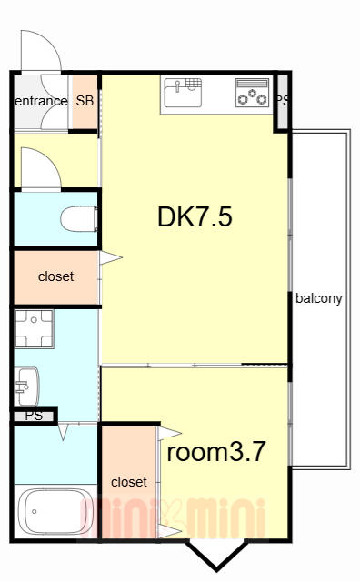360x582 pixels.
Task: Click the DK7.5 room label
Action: (x=195, y=217)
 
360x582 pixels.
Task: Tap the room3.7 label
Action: (x=216, y=452)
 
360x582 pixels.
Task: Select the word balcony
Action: (x=319, y=298)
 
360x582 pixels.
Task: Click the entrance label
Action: (x=41, y=101)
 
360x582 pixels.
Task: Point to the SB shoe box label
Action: (x=85, y=101)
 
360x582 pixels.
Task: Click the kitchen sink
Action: (x=184, y=93)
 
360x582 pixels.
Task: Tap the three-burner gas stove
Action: (x=252, y=93)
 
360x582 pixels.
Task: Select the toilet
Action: (x=79, y=219)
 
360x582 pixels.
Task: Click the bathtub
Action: (x=55, y=511)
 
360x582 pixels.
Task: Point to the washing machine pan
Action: (x=35, y=329)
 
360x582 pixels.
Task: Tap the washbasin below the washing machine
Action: (x=26, y=386)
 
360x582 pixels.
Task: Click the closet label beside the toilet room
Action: (x=55, y=276)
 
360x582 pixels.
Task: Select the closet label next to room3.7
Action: (x=129, y=482)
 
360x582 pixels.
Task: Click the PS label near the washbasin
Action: (x=34, y=416)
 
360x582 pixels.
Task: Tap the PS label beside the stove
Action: (x=282, y=100)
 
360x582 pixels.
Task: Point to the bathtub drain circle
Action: (x=35, y=511)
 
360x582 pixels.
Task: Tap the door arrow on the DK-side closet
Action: (x=111, y=257)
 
